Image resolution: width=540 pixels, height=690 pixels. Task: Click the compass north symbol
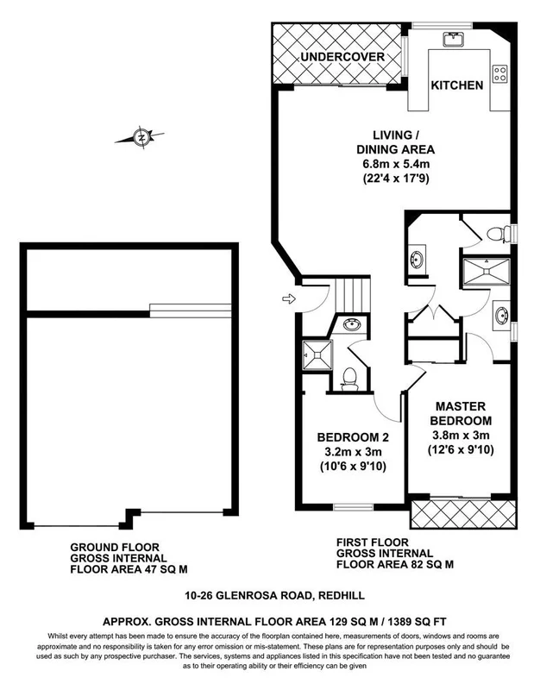point(140,136)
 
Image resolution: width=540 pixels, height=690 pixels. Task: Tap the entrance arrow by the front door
point(286,299)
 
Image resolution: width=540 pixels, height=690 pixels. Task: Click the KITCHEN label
point(456,85)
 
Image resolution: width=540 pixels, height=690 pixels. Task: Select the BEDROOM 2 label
point(348,436)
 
